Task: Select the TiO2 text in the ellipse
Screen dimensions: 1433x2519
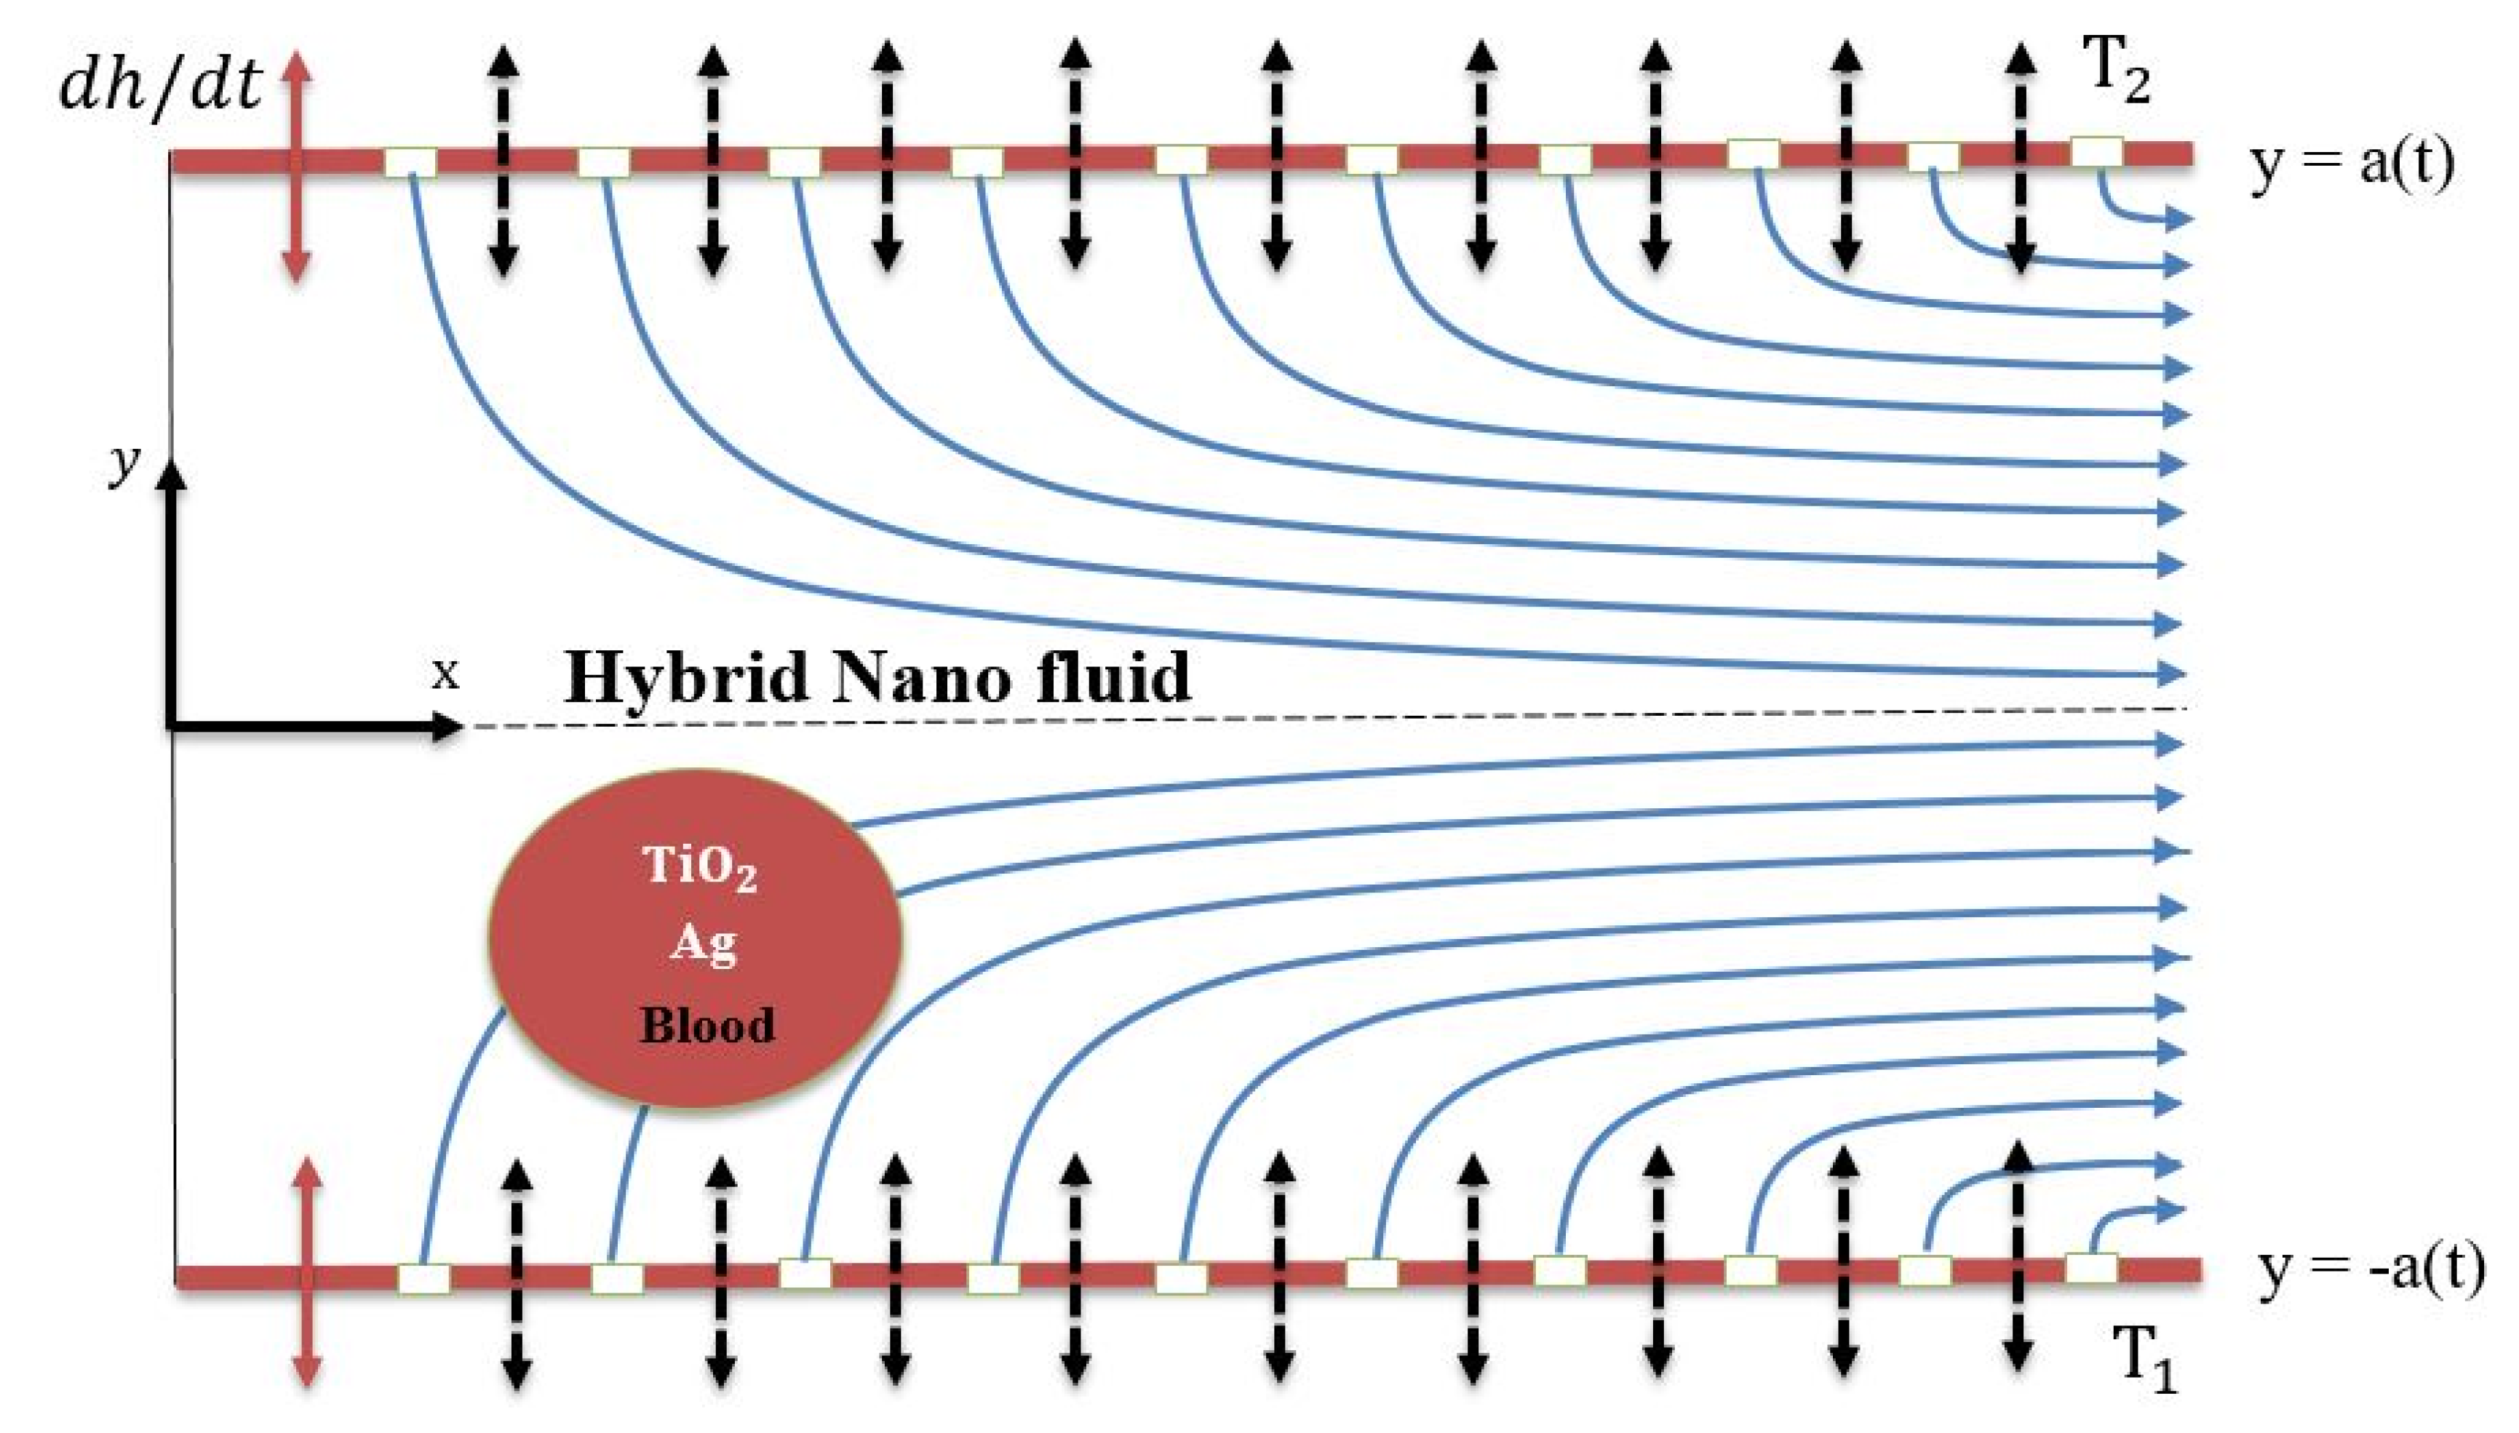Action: pyautogui.click(x=700, y=867)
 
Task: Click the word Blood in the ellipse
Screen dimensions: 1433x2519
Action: pyautogui.click(x=707, y=1026)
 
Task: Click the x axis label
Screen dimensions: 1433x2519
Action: pyautogui.click(x=446, y=674)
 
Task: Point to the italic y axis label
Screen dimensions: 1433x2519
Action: pyautogui.click(x=124, y=463)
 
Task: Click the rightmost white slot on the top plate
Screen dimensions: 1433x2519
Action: pyautogui.click(x=2097, y=153)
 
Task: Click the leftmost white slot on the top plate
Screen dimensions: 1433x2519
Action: pyautogui.click(x=410, y=162)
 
